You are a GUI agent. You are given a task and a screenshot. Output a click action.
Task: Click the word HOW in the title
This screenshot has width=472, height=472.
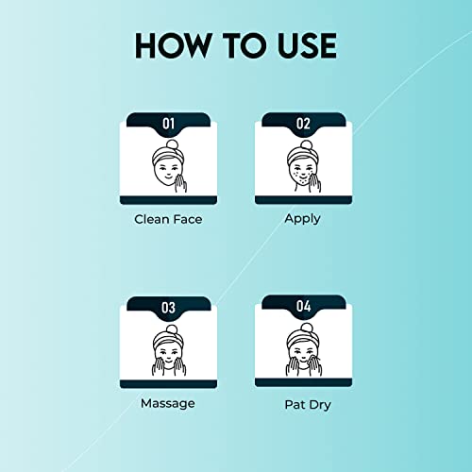click(173, 46)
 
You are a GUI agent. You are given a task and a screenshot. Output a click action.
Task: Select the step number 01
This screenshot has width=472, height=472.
click(168, 124)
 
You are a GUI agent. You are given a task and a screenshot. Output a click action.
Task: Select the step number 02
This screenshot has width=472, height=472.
click(303, 124)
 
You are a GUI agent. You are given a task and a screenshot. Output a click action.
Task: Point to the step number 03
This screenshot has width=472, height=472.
click(168, 308)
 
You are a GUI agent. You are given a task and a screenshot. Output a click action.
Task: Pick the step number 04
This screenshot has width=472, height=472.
click(303, 306)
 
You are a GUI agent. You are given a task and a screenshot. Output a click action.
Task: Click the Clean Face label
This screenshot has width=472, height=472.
click(168, 219)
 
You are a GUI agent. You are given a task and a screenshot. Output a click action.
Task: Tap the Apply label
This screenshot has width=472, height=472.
click(302, 219)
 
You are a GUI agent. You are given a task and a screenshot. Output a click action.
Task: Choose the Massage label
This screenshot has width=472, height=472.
click(168, 404)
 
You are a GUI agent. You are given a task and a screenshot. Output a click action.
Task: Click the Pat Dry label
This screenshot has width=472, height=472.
click(308, 405)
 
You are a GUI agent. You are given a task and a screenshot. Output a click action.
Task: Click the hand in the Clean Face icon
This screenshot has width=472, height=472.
click(180, 182)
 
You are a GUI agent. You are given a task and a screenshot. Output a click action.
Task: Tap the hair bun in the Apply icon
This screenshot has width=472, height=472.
click(307, 145)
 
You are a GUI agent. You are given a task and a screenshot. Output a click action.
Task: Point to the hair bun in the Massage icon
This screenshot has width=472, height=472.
click(172, 329)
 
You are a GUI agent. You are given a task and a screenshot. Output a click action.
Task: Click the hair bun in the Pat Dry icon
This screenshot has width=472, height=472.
click(307, 329)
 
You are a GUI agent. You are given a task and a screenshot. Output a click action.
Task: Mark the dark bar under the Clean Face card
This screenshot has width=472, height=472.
click(168, 200)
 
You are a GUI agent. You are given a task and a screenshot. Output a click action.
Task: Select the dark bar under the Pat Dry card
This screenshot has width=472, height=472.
click(303, 382)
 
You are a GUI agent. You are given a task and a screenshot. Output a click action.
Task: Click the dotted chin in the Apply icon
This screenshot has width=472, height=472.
click(302, 181)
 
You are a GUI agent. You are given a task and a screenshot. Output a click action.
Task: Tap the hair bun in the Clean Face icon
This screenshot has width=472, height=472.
click(172, 145)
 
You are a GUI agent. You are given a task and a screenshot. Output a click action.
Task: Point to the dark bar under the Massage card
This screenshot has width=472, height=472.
click(168, 384)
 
